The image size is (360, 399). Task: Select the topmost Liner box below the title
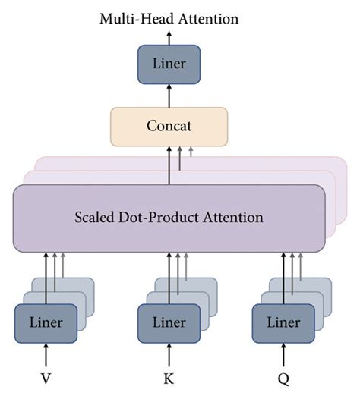[x=169, y=63]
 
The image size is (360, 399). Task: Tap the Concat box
[x=169, y=126]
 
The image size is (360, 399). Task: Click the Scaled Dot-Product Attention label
[x=169, y=218]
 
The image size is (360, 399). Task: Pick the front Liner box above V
[x=46, y=322]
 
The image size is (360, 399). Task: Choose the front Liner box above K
[x=169, y=322]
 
